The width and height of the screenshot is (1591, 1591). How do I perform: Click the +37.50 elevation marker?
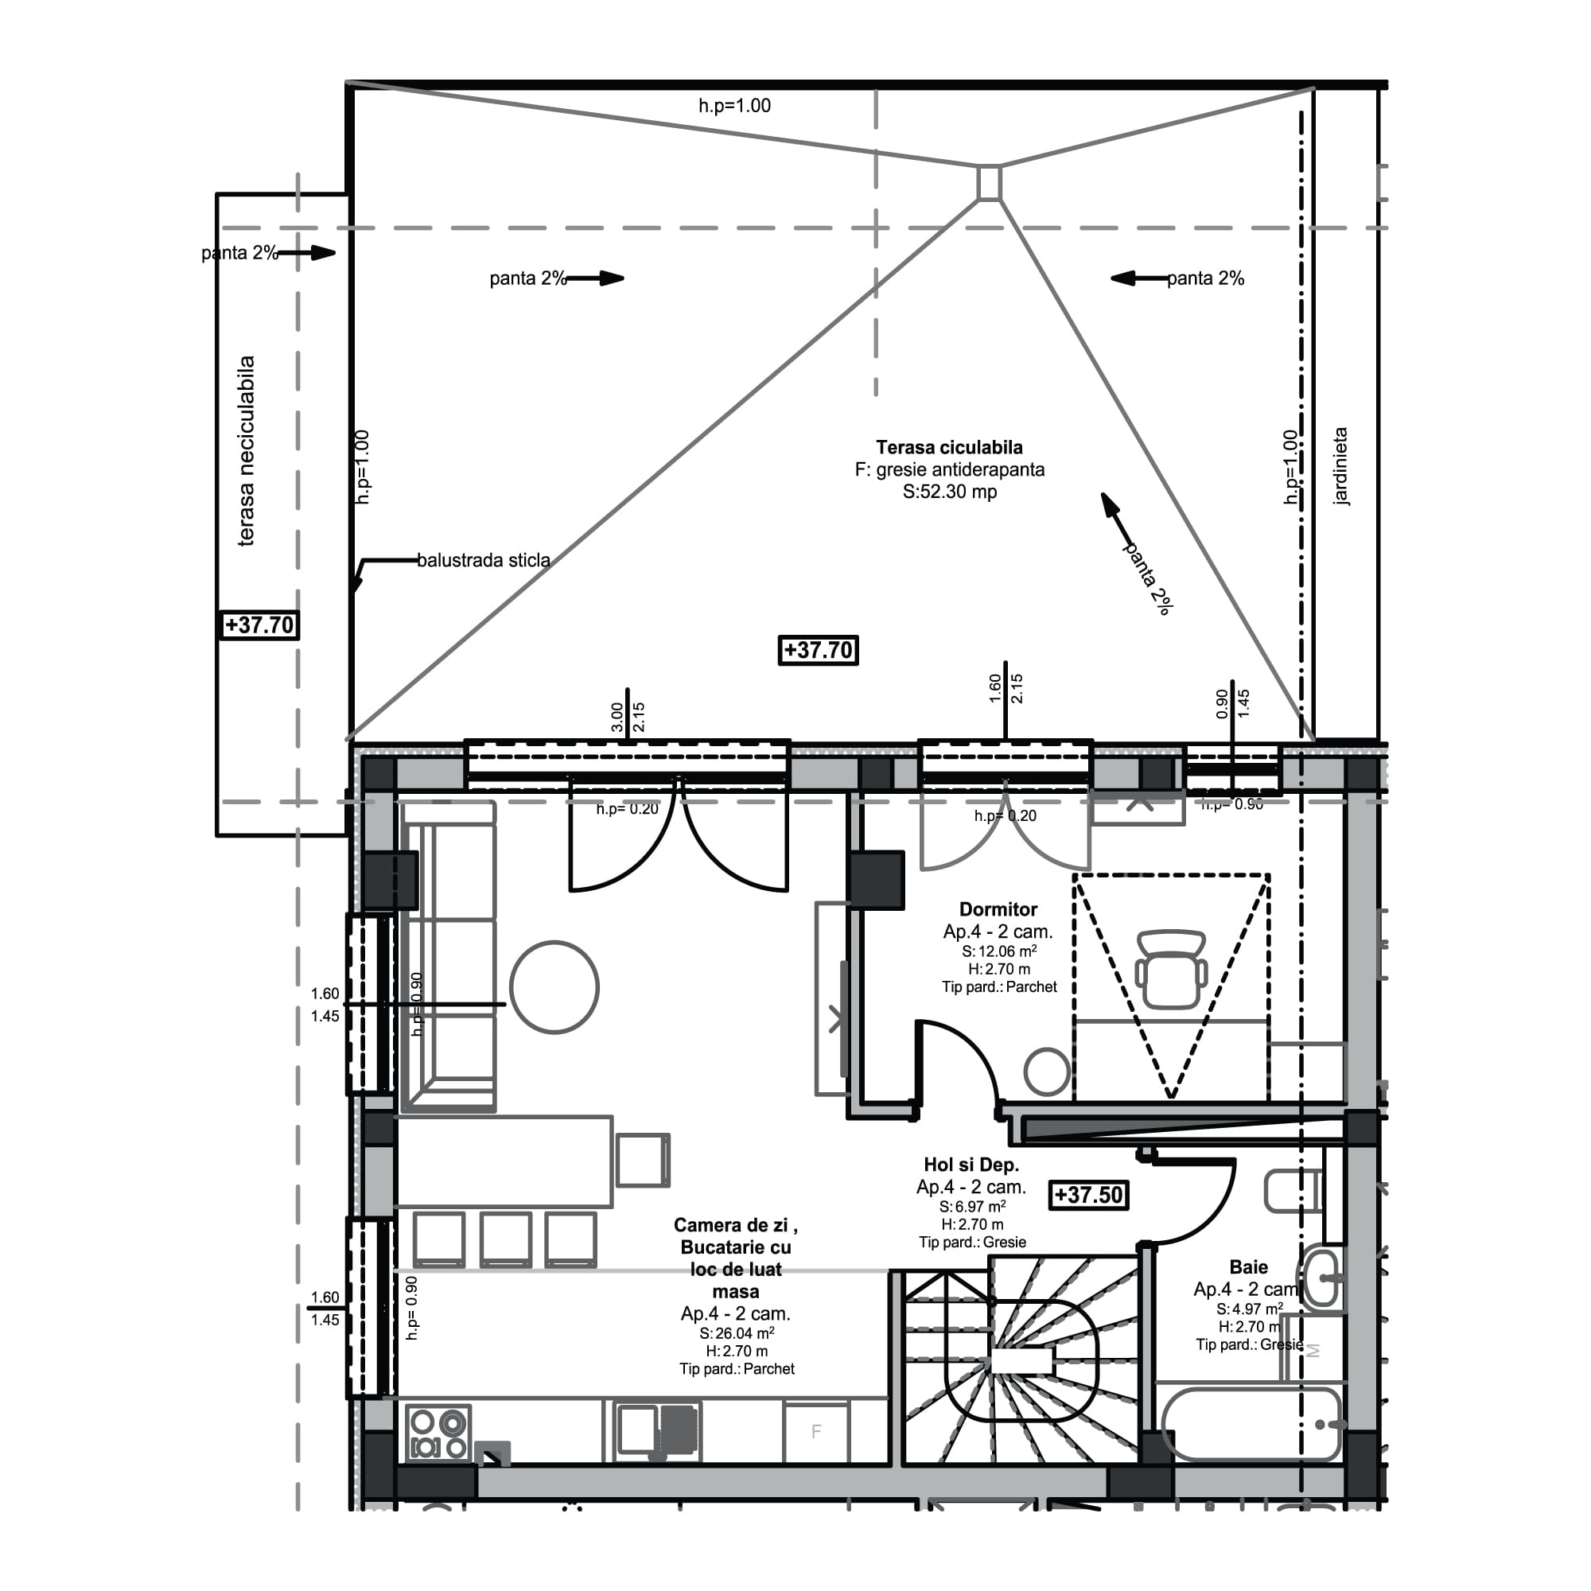tap(1087, 1195)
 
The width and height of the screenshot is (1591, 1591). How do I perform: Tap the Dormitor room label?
tap(998, 909)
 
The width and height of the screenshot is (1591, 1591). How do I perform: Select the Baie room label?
tap(1248, 1267)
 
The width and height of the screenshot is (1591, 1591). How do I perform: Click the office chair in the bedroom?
tap(1170, 970)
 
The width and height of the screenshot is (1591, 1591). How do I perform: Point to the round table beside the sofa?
tap(554, 987)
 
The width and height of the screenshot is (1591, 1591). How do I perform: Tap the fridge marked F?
tap(816, 1432)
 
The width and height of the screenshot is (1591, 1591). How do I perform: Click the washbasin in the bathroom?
tap(1321, 1278)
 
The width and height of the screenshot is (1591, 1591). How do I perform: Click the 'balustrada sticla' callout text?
tap(484, 561)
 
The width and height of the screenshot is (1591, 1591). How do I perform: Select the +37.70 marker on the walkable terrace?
tap(818, 651)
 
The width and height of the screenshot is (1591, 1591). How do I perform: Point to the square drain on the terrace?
tap(989, 183)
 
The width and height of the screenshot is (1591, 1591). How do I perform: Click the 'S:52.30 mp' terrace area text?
tap(950, 492)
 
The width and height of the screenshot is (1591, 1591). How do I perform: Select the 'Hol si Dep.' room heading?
tap(971, 1165)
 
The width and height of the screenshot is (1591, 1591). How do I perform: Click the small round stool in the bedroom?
tap(1046, 1072)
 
